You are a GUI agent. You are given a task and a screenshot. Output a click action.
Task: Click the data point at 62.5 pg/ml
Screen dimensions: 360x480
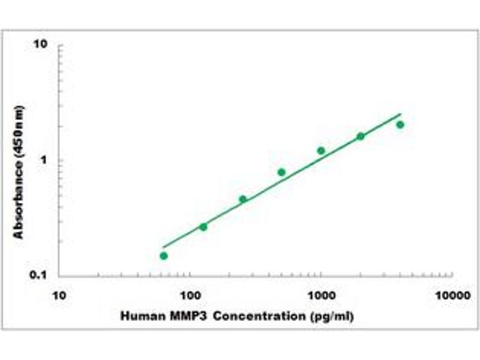pyautogui.click(x=163, y=256)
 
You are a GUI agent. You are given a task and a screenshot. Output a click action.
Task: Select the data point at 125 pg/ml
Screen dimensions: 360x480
pyautogui.click(x=203, y=227)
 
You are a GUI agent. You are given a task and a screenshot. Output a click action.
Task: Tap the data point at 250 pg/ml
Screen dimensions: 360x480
pyautogui.click(x=242, y=199)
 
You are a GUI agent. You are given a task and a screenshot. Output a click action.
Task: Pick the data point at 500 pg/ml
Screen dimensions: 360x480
pyautogui.click(x=281, y=172)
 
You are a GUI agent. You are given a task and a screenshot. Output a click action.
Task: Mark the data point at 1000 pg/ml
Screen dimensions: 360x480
pyautogui.click(x=321, y=151)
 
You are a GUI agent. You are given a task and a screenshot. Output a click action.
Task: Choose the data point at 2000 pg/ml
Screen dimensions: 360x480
pyautogui.click(x=361, y=136)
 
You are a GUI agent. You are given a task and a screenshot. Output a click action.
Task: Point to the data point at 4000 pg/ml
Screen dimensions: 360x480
pyautogui.click(x=400, y=125)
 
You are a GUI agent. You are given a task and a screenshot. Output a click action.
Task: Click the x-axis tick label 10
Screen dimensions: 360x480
pyautogui.click(x=59, y=296)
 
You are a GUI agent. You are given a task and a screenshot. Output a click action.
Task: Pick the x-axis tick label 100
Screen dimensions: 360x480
pyautogui.click(x=190, y=296)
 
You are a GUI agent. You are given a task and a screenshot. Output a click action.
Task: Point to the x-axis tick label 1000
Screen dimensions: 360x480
pyautogui.click(x=321, y=296)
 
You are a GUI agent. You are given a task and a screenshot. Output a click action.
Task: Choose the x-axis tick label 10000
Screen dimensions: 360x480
pyautogui.click(x=451, y=296)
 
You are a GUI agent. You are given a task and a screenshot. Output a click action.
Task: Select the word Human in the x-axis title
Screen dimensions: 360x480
pyautogui.click(x=137, y=315)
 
